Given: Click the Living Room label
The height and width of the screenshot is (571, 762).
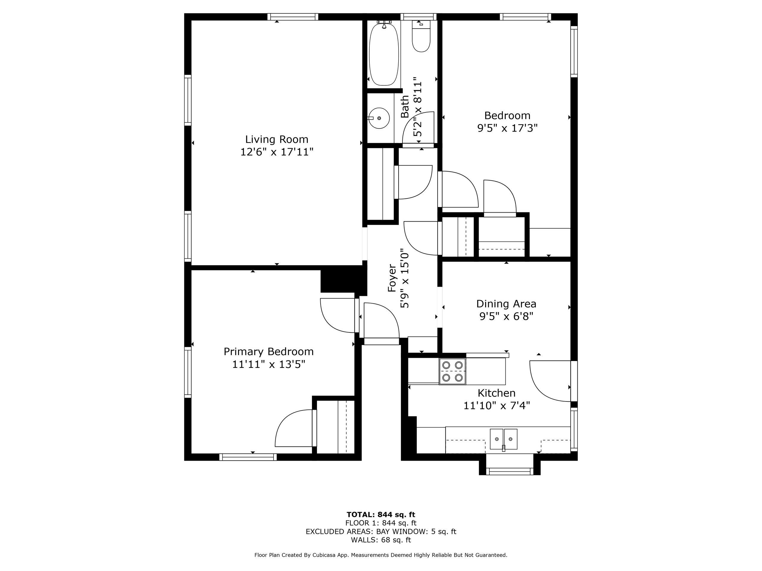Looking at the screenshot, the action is (x=277, y=139).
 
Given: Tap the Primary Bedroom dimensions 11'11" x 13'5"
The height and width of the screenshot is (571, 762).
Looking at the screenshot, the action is (x=269, y=364).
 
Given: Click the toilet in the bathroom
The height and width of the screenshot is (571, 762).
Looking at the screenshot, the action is (x=421, y=36).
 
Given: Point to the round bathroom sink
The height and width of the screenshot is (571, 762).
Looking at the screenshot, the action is (x=379, y=118).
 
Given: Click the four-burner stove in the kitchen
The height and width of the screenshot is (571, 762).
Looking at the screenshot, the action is (x=452, y=371).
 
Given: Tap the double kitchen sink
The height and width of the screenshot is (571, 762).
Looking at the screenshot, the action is (x=504, y=439).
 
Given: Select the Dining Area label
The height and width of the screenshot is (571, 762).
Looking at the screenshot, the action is (x=506, y=304).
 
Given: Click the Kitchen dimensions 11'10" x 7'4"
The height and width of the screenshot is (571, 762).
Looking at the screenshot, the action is (x=496, y=406).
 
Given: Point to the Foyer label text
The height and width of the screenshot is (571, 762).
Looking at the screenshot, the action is (x=392, y=278).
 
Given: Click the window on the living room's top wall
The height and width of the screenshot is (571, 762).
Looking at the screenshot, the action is (x=293, y=17).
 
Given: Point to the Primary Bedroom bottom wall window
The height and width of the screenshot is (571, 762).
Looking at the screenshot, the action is (x=248, y=457).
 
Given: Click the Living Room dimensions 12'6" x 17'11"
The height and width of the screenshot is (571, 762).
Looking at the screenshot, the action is (x=277, y=152).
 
